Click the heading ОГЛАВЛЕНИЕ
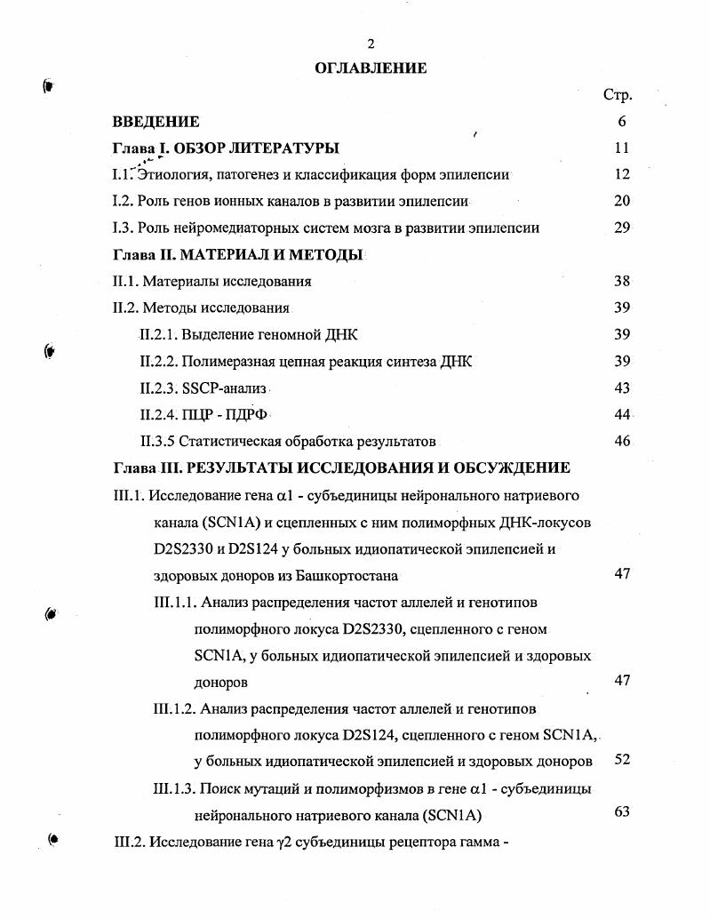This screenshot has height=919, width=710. [371, 68]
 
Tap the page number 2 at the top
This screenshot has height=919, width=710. [371, 44]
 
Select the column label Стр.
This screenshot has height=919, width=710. [618, 96]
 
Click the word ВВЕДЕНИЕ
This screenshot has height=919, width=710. [156, 122]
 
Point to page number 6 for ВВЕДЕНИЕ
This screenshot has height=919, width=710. [622, 122]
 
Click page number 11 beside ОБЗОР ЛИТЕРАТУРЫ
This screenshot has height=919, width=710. [621, 148]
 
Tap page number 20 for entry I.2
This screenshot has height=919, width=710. [621, 201]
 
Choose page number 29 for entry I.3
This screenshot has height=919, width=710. [621, 228]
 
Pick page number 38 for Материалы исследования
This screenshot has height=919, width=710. [621, 281]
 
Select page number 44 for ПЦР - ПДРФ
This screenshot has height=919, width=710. [621, 414]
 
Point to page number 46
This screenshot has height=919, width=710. [621, 441]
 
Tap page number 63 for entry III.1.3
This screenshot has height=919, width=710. [621, 811]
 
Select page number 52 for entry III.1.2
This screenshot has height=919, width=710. [621, 760]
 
